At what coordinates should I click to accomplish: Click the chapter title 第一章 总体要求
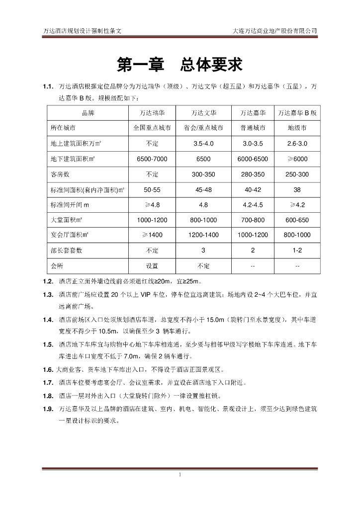point(180,64)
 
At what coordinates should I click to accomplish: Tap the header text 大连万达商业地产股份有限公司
point(275,30)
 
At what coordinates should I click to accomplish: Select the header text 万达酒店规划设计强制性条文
point(83,30)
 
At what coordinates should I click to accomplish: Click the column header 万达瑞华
point(152,113)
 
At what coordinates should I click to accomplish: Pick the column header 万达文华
point(203,113)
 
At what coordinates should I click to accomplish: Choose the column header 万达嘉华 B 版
point(297,113)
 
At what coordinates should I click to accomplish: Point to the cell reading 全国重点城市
point(152,128)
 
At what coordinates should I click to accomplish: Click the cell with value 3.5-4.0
point(203,144)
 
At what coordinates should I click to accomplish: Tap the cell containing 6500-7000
point(152,159)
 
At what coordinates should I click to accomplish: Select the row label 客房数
point(60,174)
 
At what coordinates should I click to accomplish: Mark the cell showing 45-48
point(203,190)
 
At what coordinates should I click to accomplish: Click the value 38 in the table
point(297,190)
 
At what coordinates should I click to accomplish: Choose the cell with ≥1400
point(152,235)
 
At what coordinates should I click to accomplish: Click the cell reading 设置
point(152,265)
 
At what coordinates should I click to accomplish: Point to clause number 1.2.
point(48,281)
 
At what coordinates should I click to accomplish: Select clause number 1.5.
point(48,344)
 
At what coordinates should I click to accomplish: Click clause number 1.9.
point(48,409)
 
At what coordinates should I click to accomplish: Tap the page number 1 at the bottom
point(180,475)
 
